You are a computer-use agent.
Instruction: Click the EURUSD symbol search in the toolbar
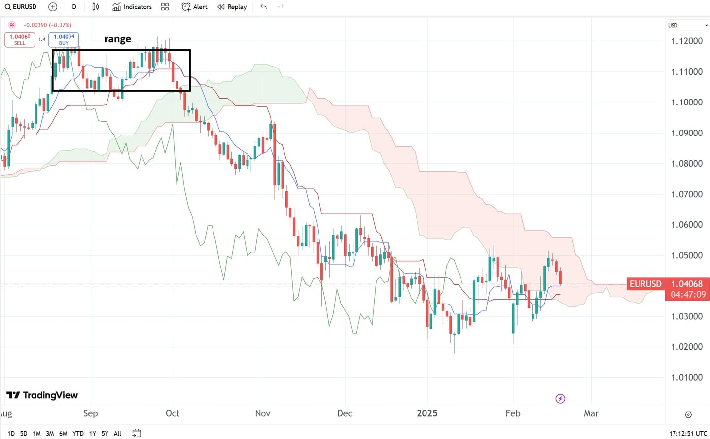tap(21, 7)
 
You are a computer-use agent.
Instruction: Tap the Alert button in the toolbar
tap(194, 7)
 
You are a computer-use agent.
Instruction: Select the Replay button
tap(232, 7)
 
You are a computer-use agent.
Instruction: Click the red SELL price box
tap(20, 39)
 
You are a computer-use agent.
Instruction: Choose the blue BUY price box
tap(64, 39)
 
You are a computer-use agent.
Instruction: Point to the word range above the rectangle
tap(117, 39)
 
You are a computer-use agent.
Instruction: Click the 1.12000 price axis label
tap(686, 41)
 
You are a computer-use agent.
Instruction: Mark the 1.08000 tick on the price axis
tap(686, 164)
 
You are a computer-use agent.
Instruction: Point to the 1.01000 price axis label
tap(686, 378)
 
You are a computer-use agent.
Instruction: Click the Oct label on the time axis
tap(173, 413)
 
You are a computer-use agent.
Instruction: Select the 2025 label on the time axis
tap(427, 413)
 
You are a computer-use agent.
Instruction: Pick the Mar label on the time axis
tap(591, 413)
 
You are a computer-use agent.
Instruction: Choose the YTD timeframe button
tap(78, 434)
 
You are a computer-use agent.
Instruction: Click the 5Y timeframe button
tap(105, 434)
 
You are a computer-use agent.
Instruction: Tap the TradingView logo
tap(42, 395)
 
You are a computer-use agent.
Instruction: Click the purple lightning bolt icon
tap(560, 399)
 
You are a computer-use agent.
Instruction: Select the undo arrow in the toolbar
tap(264, 7)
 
